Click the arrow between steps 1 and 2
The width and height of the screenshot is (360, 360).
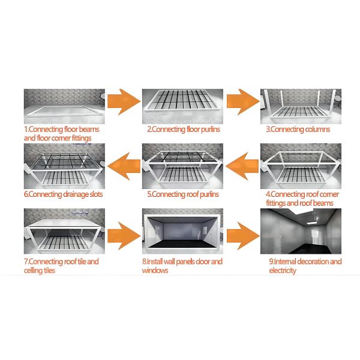[x=124, y=102]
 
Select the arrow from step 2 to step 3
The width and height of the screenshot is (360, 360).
[x=243, y=102]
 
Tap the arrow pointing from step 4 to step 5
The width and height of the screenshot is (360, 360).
[x=242, y=166]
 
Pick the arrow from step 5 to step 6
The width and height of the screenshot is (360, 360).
[x=124, y=166]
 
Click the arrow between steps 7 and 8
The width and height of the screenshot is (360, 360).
[x=124, y=236]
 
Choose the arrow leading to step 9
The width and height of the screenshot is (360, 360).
[x=243, y=236]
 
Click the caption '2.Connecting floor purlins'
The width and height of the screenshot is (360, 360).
[x=184, y=130]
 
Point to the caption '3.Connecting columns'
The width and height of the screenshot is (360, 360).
[x=298, y=130]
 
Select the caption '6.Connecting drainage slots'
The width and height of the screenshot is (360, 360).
[x=64, y=194]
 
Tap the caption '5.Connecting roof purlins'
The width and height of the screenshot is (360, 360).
[x=183, y=194]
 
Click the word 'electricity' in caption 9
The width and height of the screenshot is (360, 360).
[x=283, y=271]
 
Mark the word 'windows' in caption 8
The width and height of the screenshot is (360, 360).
[x=155, y=271]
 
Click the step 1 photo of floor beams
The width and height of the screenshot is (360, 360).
[x=64, y=106]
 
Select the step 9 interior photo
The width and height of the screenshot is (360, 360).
[x=301, y=231]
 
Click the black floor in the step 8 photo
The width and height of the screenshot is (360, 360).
[x=182, y=244]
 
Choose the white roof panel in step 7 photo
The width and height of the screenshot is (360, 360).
[x=65, y=223]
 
